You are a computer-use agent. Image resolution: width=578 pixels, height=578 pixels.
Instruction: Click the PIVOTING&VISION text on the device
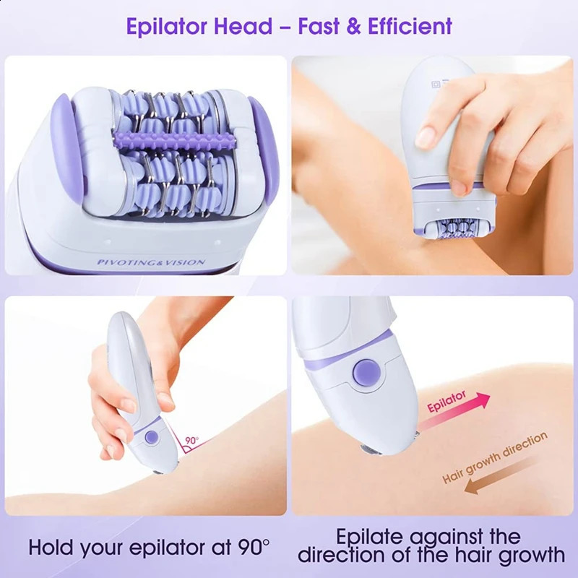[x=152, y=262]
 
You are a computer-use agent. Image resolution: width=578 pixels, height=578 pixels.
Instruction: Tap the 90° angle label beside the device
[x=191, y=440]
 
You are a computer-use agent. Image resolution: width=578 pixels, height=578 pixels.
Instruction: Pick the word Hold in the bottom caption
[x=55, y=546]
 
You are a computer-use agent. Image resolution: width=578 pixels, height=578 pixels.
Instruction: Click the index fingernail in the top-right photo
[x=426, y=135]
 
